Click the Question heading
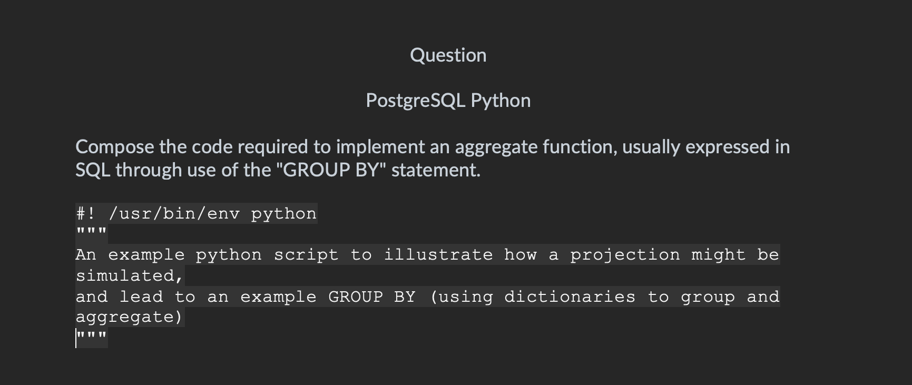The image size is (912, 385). pyautogui.click(x=448, y=55)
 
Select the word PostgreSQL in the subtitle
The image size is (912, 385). pyautogui.click(x=415, y=101)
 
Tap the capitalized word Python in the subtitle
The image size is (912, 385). pyautogui.click(x=501, y=101)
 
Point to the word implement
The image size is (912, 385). pyautogui.click(x=380, y=147)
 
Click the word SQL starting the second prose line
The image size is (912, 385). pyautogui.click(x=93, y=170)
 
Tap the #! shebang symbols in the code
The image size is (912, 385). pyautogui.click(x=86, y=213)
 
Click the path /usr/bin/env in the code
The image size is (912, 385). pyautogui.click(x=174, y=213)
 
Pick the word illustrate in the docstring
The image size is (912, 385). pyautogui.click(x=438, y=255)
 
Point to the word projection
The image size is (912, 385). pyautogui.click(x=625, y=255)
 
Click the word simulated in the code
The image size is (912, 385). pyautogui.click(x=130, y=275)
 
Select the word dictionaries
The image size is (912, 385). pyautogui.click(x=570, y=297)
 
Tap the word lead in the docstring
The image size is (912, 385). pyautogui.click(x=141, y=297)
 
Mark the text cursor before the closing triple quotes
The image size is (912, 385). pyautogui.click(x=76, y=339)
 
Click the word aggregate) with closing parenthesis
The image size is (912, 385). pyautogui.click(x=130, y=318)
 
